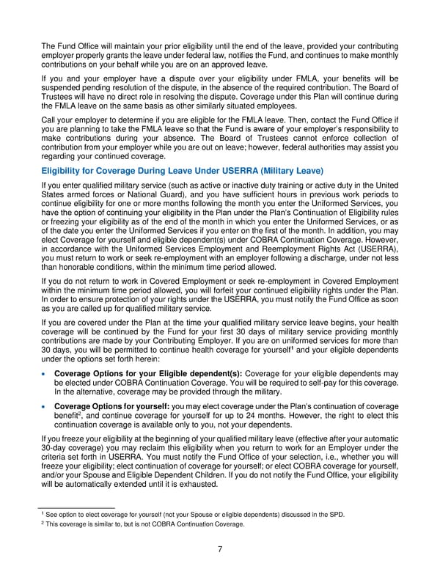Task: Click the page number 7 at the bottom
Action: pyautogui.click(x=220, y=548)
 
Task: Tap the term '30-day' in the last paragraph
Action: pyautogui.click(x=54, y=447)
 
